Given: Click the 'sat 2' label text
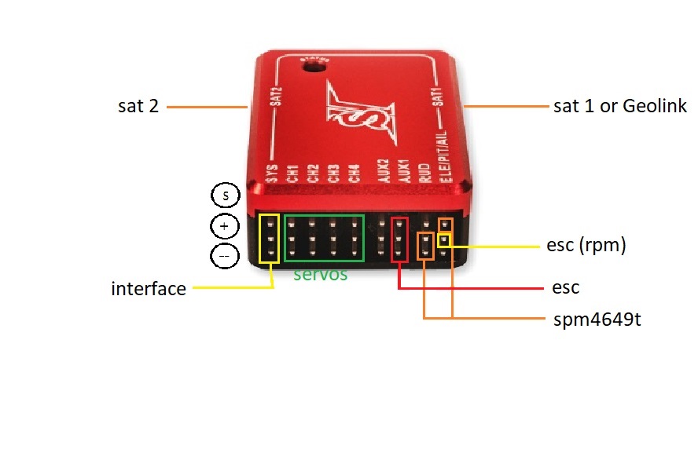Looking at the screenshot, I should tap(138, 107).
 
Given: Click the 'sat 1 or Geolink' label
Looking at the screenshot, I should tap(620, 107).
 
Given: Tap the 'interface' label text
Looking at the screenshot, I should tap(149, 289).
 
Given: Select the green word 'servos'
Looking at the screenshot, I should tap(320, 276).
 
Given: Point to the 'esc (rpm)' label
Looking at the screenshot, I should tap(586, 245).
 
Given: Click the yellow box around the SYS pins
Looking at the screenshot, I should tap(269, 238).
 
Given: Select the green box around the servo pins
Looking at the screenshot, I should tap(324, 237).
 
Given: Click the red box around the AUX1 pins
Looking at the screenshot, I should tap(400, 238).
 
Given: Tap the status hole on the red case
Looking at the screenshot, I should tap(317, 68).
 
